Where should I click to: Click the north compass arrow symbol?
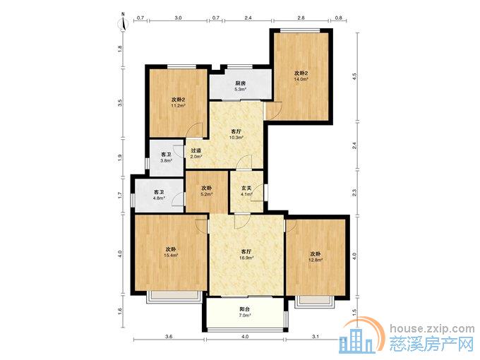[123, 22]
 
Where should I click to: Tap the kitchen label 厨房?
[240, 83]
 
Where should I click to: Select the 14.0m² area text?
[301, 78]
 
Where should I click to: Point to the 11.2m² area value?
[178, 106]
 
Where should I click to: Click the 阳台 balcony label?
[245, 309]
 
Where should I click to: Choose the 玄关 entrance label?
[246, 188]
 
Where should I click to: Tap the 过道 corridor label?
[196, 150]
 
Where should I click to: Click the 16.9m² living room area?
[246, 258]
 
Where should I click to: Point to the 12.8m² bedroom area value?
[316, 260]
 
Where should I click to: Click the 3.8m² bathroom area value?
[166, 160]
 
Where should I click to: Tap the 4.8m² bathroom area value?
[160, 198]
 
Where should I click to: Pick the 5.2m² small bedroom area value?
[207, 194]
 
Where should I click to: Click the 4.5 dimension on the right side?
[355, 76]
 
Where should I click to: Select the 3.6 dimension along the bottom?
[169, 337]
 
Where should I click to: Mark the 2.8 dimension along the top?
[301, 18]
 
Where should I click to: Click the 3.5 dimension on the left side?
[120, 102]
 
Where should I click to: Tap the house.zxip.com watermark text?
[432, 329]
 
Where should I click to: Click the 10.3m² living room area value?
[236, 137]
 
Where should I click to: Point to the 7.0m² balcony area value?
[245, 315]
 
